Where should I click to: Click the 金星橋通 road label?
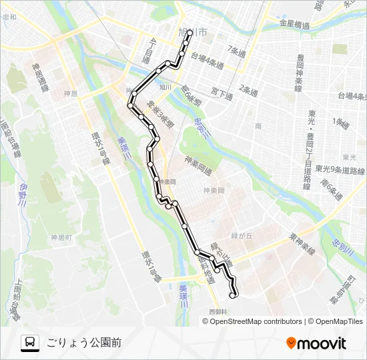[294, 25]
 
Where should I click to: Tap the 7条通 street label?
[236, 50]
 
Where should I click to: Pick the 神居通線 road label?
[39, 79]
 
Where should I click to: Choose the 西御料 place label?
[218, 312]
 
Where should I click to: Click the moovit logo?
[316, 343]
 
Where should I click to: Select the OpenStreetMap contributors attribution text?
[254, 321]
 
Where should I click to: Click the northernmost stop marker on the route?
[190, 32]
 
